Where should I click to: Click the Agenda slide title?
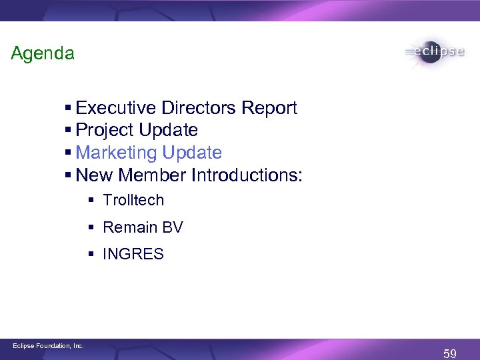click(43, 53)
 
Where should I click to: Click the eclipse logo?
click(434, 53)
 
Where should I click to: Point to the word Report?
click(269, 109)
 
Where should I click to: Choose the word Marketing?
click(115, 153)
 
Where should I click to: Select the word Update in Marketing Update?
click(190, 153)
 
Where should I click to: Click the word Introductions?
click(247, 175)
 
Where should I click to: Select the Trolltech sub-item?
click(133, 200)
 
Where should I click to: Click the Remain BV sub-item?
click(143, 227)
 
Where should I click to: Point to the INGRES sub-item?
click(133, 254)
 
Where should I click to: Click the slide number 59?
click(450, 352)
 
